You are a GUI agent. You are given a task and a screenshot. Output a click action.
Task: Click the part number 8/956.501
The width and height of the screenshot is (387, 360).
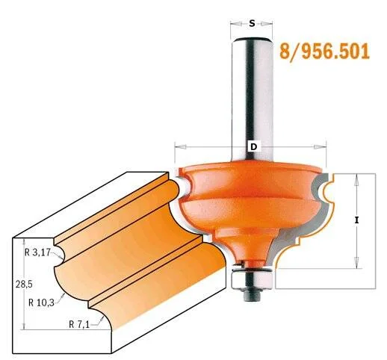tap(324, 52)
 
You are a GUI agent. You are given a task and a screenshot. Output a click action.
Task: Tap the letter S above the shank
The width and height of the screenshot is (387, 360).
tap(252, 24)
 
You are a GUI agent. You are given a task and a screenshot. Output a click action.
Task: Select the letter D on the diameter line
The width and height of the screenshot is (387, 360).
tap(253, 147)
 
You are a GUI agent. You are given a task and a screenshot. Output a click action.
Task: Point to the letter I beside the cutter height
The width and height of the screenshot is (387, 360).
tap(356, 220)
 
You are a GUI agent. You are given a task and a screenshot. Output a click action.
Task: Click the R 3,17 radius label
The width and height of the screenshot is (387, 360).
tap(37, 252)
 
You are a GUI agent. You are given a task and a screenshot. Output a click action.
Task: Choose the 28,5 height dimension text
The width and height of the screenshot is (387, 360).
tap(24, 284)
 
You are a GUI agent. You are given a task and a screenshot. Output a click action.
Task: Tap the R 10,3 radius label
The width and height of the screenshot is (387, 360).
tap(41, 302)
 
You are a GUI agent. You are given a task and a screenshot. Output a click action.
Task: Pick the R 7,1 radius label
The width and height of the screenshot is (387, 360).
tap(79, 324)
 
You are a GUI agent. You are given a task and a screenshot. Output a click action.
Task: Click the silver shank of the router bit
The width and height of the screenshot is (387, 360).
tap(252, 99)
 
